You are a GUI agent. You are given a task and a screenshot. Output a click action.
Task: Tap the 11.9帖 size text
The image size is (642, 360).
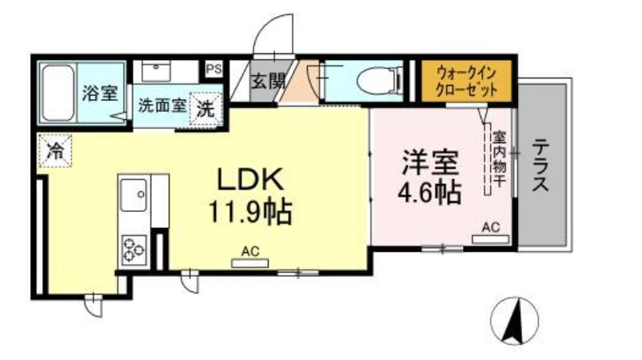click(249, 213)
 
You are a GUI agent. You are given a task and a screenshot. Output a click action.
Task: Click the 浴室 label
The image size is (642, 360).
click(100, 92)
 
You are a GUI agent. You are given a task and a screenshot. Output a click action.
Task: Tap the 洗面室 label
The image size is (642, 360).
click(162, 105)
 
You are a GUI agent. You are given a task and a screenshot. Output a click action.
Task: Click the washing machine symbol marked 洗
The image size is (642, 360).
click(205, 109)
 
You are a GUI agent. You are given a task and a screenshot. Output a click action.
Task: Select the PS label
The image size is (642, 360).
click(213, 70)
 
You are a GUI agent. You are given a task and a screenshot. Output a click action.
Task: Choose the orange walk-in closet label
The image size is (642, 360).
click(467, 82)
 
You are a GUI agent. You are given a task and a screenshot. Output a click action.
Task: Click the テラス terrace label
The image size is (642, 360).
click(541, 166)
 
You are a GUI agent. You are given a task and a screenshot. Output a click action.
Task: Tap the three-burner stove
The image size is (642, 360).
click(133, 250)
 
